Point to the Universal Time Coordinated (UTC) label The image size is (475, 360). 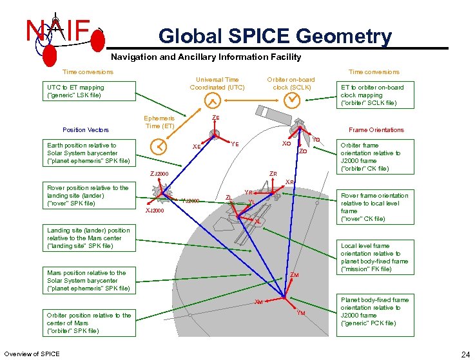[217, 83]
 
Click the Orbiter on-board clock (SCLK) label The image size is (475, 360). [291, 83]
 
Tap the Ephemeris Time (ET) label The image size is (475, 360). [159, 122]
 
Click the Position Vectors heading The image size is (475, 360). [85, 130]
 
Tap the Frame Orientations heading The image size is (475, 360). [376, 130]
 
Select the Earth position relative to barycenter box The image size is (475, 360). [88, 153]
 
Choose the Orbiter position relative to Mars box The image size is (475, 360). [89, 323]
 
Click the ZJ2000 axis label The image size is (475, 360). [159, 174]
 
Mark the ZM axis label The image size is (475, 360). [294, 276]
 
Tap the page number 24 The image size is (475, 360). [465, 354]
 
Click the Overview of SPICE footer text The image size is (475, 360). [32, 354]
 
